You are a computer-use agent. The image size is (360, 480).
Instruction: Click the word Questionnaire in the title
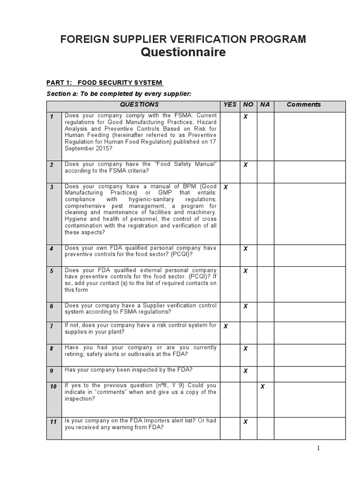183,52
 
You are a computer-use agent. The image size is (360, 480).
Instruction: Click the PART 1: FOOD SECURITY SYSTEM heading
105,83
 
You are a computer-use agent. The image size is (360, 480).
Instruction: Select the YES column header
230,105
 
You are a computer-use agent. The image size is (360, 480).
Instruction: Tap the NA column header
265,105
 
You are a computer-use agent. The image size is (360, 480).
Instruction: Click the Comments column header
303,105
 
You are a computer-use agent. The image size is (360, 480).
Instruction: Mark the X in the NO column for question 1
245,117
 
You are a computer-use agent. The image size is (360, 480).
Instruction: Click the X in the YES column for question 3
225,187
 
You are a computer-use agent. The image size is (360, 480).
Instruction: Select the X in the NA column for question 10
262,387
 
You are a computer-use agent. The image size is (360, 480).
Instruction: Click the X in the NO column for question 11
245,422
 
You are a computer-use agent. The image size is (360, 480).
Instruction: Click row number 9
54,371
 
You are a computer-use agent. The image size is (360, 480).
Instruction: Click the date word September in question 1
79,149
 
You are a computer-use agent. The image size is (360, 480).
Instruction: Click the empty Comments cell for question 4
309,255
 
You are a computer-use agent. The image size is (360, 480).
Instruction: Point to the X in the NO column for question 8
245,349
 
